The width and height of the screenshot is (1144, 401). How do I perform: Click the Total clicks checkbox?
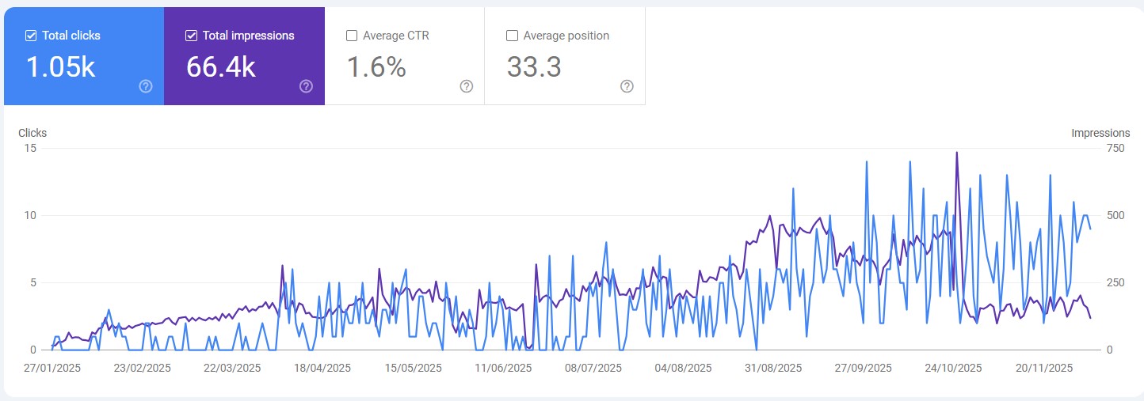click(31, 36)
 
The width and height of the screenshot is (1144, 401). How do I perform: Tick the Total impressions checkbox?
click(191, 36)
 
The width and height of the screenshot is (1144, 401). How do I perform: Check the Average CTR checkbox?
click(352, 36)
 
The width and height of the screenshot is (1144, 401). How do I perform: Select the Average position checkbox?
click(512, 36)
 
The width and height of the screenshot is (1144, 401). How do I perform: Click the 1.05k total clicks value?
click(60, 67)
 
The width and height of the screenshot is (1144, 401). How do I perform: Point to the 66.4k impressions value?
click(221, 67)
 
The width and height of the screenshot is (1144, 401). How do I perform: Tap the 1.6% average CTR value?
click(376, 67)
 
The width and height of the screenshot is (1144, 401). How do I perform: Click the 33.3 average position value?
click(534, 67)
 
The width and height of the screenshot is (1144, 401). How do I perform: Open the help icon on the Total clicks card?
click(146, 86)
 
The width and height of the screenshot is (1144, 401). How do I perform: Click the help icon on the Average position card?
click(627, 86)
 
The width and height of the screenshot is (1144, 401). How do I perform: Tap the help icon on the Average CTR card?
click(467, 86)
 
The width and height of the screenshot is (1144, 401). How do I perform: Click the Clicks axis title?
click(32, 133)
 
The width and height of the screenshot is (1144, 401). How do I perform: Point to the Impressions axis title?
click(1100, 133)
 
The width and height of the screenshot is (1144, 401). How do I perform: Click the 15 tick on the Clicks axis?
click(30, 148)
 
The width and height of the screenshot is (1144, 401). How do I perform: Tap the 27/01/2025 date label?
click(52, 368)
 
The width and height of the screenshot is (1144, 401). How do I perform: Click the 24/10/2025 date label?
click(954, 368)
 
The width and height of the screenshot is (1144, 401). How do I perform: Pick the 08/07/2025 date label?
click(593, 368)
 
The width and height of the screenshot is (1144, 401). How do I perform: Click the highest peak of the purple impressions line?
click(957, 153)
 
